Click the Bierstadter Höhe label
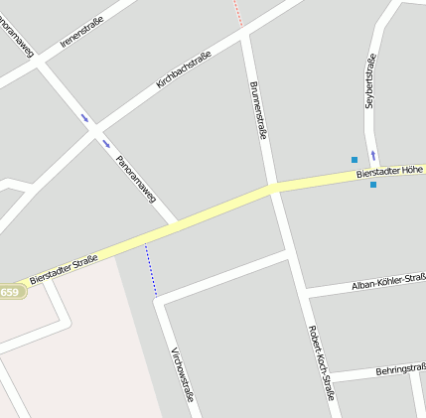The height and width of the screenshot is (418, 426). point(389,173)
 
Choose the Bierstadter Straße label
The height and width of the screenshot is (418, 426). point(64,269)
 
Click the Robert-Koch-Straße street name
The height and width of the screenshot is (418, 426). point(321,362)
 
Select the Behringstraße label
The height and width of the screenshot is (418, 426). point(399,369)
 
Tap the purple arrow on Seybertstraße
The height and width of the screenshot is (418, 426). point(373,155)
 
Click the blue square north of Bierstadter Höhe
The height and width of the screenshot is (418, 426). point(354,159)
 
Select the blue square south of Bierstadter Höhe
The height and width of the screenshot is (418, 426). point(373,185)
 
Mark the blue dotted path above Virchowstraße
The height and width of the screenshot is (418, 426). point(151,269)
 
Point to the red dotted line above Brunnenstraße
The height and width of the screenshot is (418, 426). point(237,13)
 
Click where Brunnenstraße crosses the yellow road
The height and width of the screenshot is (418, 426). point(272,188)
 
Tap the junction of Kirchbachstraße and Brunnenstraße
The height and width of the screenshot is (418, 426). point(245,36)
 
